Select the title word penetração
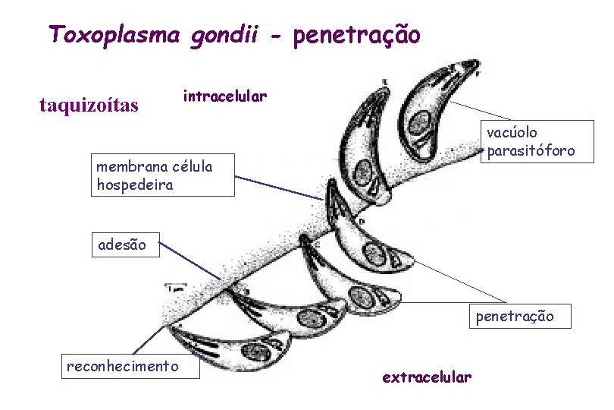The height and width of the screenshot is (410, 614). click(x=356, y=35)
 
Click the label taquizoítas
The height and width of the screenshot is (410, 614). click(x=89, y=105)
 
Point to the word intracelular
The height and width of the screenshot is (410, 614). click(x=224, y=96)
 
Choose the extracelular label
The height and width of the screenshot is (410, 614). click(x=427, y=377)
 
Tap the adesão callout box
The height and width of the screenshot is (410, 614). click(x=126, y=245)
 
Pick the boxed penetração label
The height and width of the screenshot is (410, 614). click(x=515, y=316)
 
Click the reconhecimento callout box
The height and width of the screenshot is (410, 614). click(x=123, y=367)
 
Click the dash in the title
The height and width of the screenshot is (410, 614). click(x=278, y=36)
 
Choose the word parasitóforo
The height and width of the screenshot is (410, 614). click(x=531, y=151)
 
